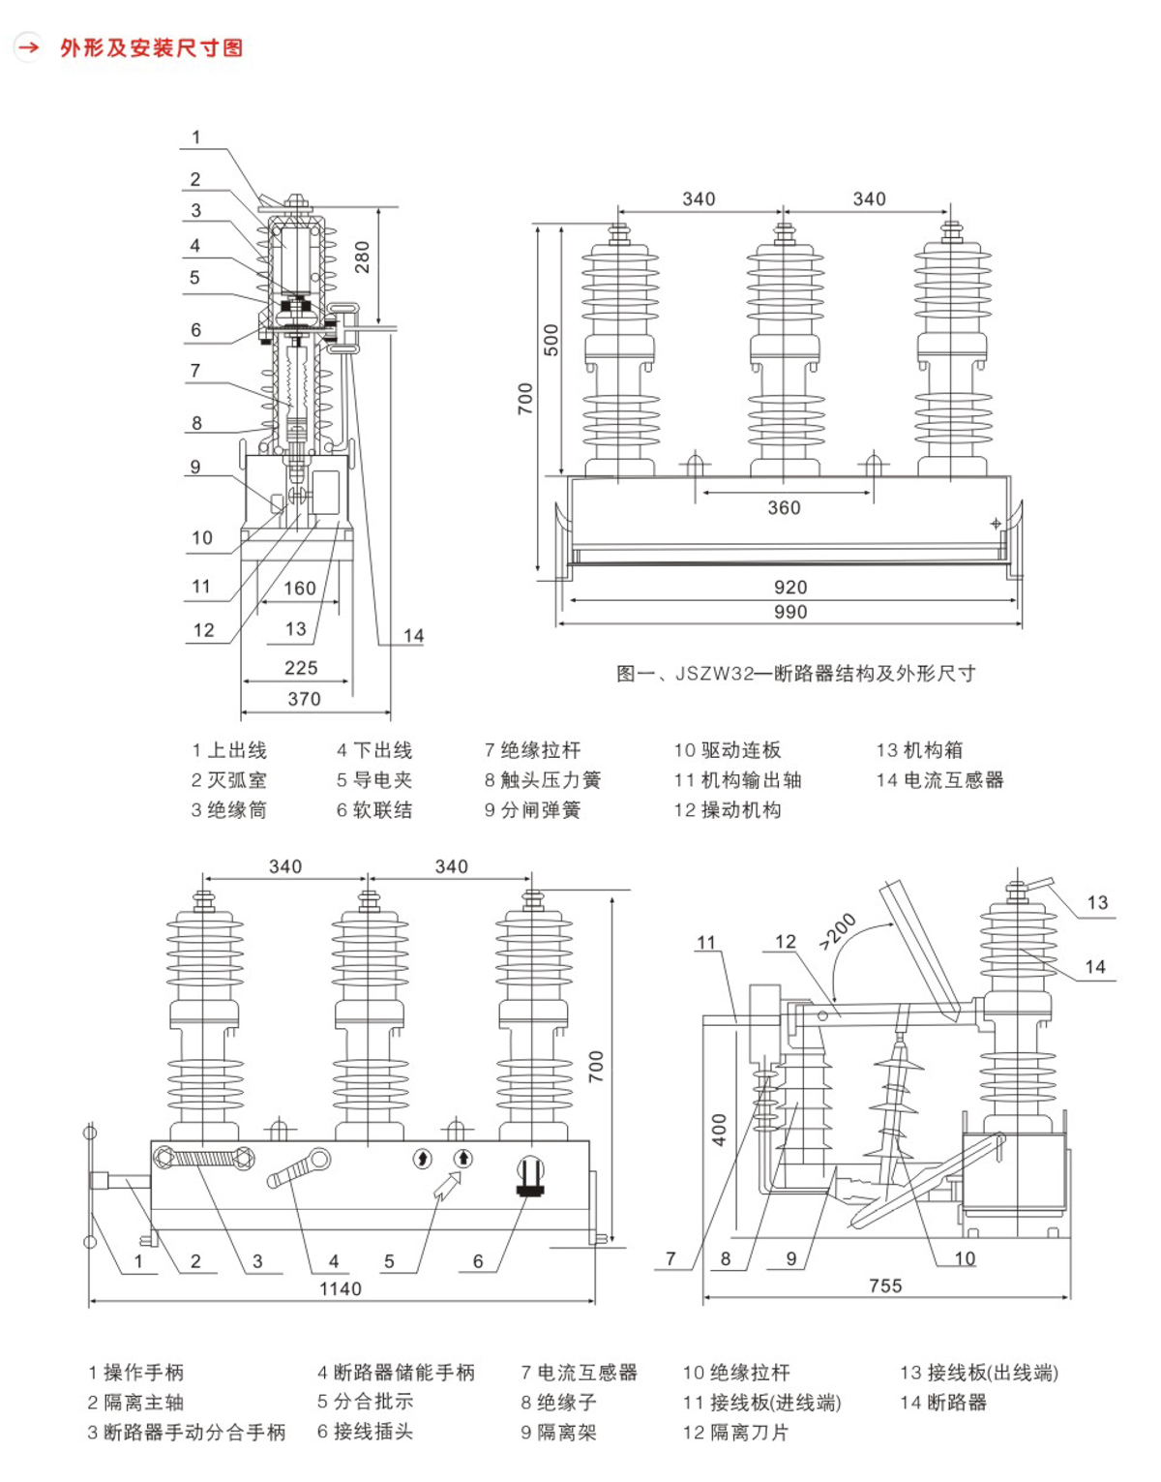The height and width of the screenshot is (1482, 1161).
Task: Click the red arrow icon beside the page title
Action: click(28, 46)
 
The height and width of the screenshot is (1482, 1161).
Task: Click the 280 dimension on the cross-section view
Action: click(362, 257)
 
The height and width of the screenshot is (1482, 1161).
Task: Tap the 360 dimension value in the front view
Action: click(784, 508)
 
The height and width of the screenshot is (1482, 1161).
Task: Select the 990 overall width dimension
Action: click(790, 612)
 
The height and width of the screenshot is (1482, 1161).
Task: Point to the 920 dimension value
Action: click(790, 588)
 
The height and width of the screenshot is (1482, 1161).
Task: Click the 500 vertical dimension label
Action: click(551, 340)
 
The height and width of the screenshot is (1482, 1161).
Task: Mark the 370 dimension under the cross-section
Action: click(304, 699)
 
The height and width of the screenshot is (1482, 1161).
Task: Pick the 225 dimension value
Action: click(301, 668)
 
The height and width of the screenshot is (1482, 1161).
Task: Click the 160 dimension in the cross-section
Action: click(299, 589)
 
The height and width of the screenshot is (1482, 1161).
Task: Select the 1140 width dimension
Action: click(341, 1288)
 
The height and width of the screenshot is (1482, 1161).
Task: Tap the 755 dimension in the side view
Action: click(885, 1285)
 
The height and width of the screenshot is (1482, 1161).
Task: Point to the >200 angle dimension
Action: click(838, 931)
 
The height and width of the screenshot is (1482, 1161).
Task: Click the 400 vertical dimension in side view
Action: click(719, 1130)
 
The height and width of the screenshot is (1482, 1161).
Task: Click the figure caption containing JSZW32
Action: click(795, 674)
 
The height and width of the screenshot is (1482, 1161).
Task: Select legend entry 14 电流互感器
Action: click(939, 780)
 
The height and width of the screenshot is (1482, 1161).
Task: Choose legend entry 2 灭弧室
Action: click(228, 780)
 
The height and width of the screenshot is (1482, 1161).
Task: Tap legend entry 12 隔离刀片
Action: click(735, 1433)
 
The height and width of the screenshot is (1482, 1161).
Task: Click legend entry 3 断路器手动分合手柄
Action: click(187, 1433)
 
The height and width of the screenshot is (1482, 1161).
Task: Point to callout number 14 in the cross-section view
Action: click(413, 636)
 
